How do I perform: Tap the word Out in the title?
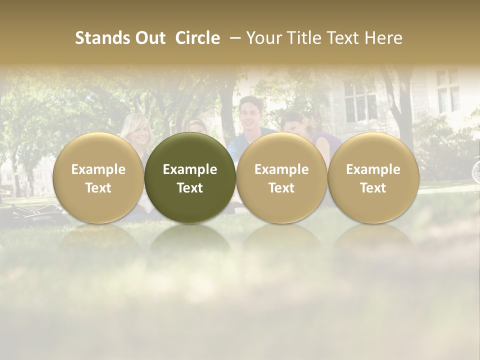coord(148,38)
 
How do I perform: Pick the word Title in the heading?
coord(301,38)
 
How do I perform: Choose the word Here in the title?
coord(383,38)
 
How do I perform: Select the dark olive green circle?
coord(190,177)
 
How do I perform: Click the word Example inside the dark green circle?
coord(190,169)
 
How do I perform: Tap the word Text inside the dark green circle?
coord(190,188)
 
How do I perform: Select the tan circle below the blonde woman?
coord(98,177)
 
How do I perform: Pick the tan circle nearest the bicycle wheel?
coord(373,177)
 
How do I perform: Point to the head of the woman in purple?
coord(295,122)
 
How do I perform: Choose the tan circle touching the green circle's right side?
coord(281,177)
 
